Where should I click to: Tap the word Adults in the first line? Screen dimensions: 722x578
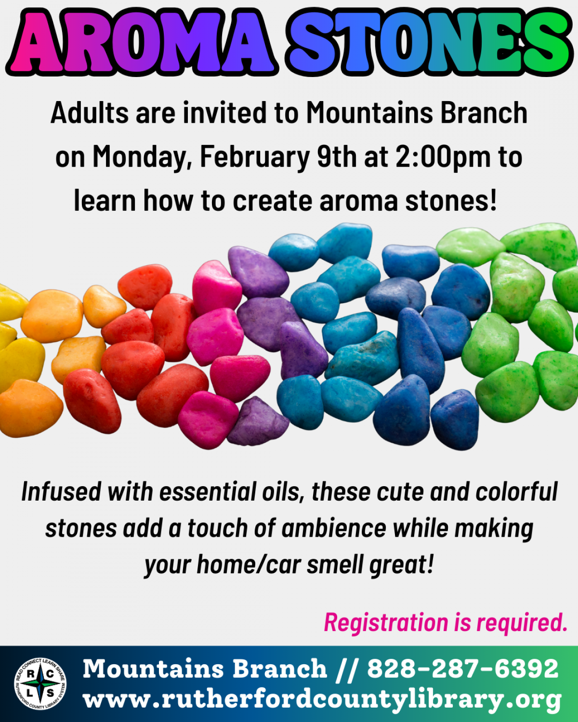pyautogui.click(x=90, y=114)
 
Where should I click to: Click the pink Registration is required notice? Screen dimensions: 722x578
pyautogui.click(x=446, y=622)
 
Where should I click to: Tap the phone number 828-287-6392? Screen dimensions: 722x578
pyautogui.click(x=462, y=669)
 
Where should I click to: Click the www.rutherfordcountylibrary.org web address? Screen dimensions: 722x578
pyautogui.click(x=322, y=699)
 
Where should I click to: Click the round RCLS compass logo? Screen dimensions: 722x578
pyautogui.click(x=40, y=683)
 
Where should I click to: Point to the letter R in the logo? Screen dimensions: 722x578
pyautogui.click(x=30, y=674)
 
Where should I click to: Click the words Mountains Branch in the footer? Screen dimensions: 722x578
pyautogui.click(x=205, y=669)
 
